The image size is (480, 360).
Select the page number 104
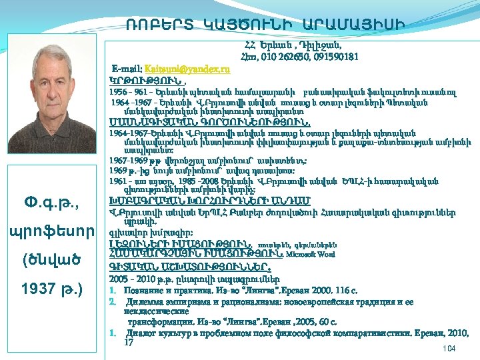(448, 349)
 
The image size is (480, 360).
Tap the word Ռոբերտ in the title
(159, 25)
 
